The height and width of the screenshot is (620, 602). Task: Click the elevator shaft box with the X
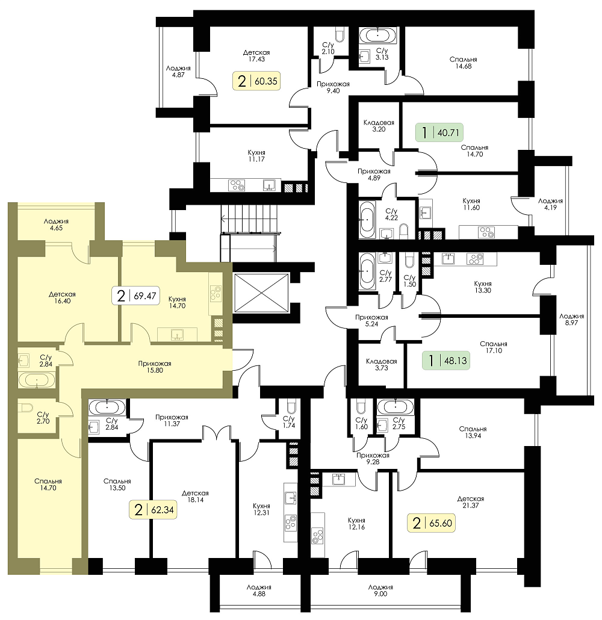tap(261, 293)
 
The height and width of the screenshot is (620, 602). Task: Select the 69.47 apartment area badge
tap(136, 296)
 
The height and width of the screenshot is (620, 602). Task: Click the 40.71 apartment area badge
tap(439, 132)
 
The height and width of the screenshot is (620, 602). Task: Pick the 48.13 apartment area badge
tap(446, 360)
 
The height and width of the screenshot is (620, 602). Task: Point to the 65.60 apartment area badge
tap(431, 522)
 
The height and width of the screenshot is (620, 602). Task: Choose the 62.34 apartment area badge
tap(153, 510)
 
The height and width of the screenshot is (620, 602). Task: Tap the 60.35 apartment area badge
tap(256, 81)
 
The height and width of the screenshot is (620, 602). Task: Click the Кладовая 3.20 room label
tap(379, 126)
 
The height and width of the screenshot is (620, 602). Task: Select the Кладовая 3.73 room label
tap(381, 364)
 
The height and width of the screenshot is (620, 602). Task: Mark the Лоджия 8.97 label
tap(571, 319)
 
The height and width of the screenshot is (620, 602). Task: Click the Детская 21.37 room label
tap(470, 502)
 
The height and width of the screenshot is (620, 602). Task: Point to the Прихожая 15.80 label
tap(154, 367)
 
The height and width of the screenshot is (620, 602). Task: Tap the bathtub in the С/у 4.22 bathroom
tap(367, 220)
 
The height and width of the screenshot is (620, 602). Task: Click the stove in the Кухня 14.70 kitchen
tap(216, 293)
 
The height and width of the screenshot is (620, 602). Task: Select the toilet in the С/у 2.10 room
tap(340, 35)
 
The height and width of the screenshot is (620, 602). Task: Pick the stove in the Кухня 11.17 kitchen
tap(237, 185)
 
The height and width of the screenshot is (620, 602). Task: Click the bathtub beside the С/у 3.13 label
tap(377, 35)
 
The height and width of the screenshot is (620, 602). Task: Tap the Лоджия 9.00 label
tap(380, 591)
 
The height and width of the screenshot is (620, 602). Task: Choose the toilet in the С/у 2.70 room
tap(26, 408)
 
